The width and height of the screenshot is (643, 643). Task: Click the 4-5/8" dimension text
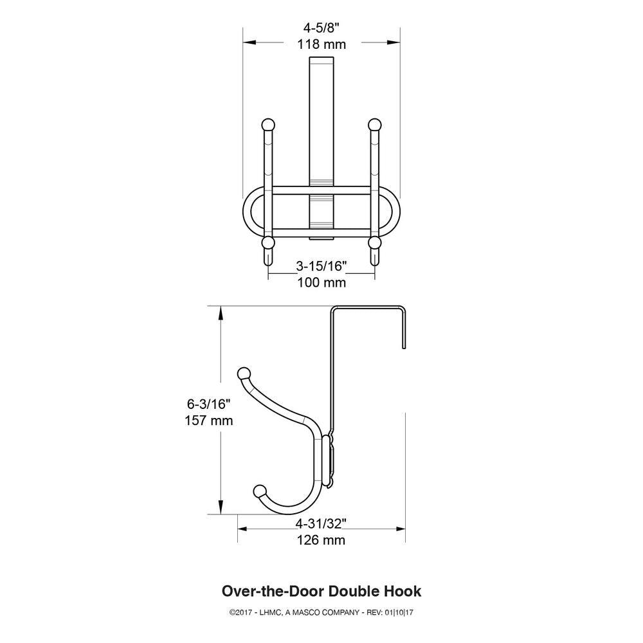click(321, 28)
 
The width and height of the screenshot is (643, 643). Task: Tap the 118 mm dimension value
click(321, 44)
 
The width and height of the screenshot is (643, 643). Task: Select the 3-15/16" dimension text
click(321, 266)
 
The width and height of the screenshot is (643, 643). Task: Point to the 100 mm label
click(321, 282)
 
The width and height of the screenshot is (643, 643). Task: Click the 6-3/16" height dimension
click(209, 404)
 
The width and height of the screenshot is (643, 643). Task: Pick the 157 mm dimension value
click(209, 421)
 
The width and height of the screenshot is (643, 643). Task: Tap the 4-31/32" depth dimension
click(321, 523)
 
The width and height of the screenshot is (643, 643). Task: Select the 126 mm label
click(321, 540)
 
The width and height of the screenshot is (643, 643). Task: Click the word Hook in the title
click(403, 591)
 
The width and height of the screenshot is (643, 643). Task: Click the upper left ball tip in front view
click(268, 125)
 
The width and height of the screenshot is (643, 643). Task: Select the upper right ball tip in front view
click(375, 125)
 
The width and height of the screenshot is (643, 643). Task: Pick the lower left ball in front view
click(268, 243)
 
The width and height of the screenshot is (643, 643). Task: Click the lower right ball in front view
click(375, 243)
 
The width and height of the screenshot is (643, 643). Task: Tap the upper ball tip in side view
click(244, 374)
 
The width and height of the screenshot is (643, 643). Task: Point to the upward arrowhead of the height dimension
click(221, 314)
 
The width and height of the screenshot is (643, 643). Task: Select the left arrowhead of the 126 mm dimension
click(242, 529)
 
